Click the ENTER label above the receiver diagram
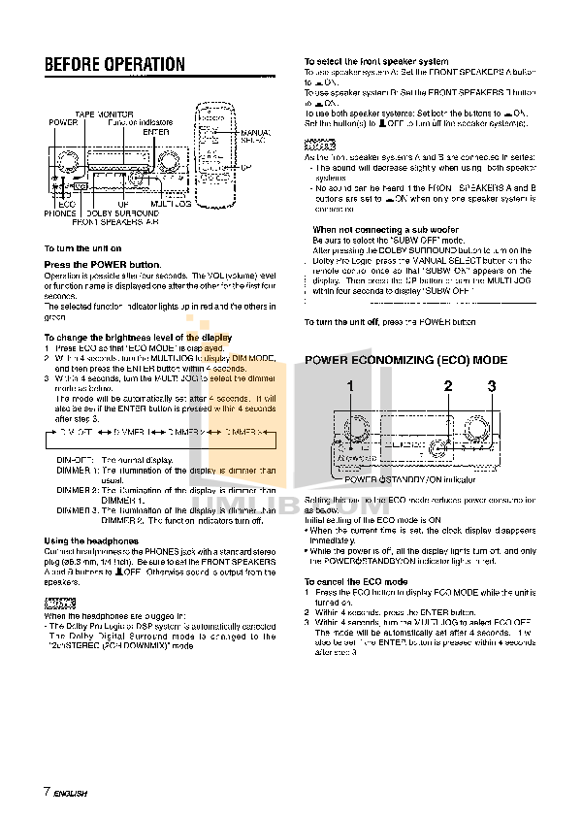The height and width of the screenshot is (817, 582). (x=157, y=130)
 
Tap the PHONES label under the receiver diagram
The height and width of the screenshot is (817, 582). (x=59, y=212)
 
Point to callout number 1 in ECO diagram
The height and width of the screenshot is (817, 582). (x=351, y=386)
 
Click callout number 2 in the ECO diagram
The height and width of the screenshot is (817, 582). (x=448, y=386)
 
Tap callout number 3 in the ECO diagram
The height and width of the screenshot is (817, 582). (x=492, y=386)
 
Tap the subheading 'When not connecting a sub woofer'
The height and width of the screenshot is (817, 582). (x=372, y=230)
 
